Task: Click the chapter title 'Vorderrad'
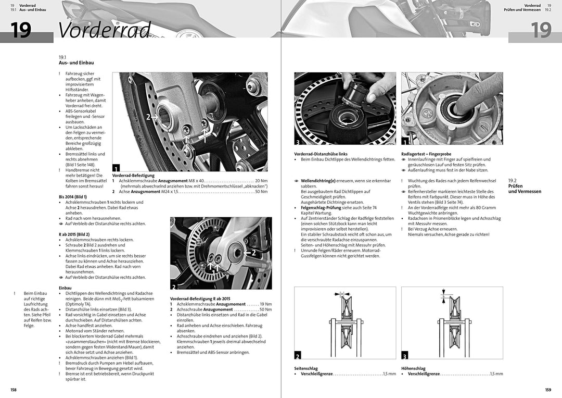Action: [105, 30]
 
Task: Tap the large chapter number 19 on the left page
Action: [21, 30]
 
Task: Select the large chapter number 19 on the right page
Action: [541, 30]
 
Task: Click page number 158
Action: [14, 390]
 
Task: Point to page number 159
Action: [548, 390]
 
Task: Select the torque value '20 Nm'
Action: [261, 181]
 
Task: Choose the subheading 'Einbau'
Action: [65, 288]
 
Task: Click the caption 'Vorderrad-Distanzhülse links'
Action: [321, 154]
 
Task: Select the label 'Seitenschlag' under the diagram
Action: [306, 368]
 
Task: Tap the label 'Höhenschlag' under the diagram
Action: [413, 368]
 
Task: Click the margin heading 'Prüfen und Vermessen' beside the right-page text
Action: [524, 189]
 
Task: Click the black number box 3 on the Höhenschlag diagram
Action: [405, 356]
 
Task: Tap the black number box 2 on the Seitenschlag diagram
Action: [298, 356]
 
